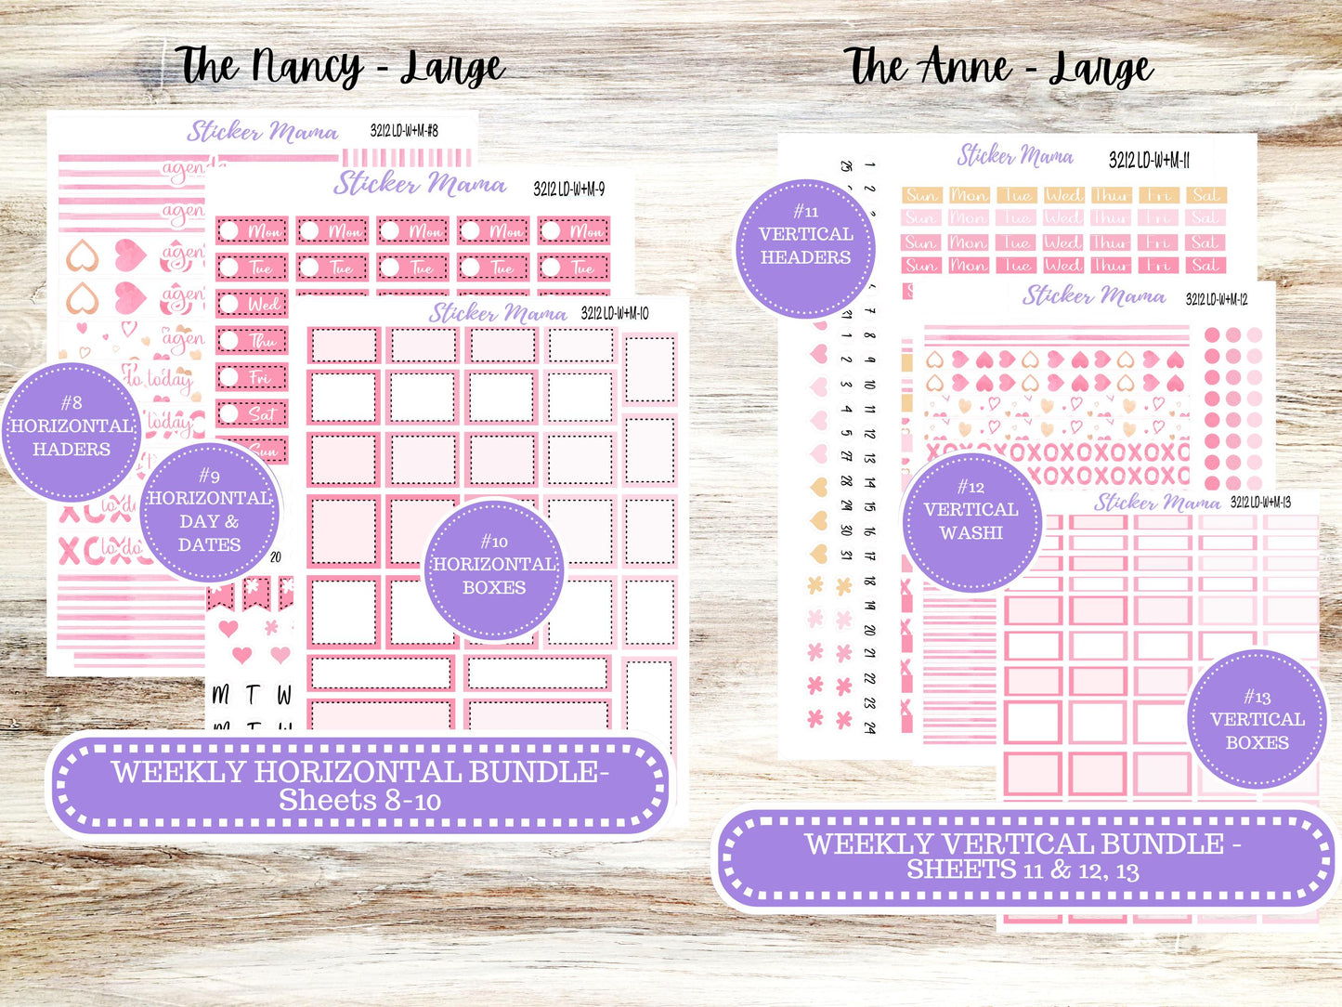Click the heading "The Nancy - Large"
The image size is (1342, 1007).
pos(340,67)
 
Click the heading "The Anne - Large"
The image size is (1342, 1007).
pos(998,67)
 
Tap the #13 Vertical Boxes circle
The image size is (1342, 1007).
pos(1257,720)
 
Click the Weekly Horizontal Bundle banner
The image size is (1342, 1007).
pos(360,785)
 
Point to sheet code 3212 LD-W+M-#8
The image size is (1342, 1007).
pos(404,131)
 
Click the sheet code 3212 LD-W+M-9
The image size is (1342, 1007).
pos(569,190)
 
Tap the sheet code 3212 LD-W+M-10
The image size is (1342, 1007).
pos(615,313)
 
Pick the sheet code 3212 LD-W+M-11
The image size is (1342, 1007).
pos(1149,161)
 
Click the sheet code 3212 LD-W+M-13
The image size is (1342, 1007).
pos(1260,503)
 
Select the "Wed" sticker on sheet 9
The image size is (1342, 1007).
pos(252,304)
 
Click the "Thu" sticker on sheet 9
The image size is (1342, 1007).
pos(252,341)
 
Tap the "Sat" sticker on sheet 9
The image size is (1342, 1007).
pos(252,414)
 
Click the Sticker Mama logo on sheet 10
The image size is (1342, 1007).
pos(498,313)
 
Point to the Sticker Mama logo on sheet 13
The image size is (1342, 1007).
pos(1157,503)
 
